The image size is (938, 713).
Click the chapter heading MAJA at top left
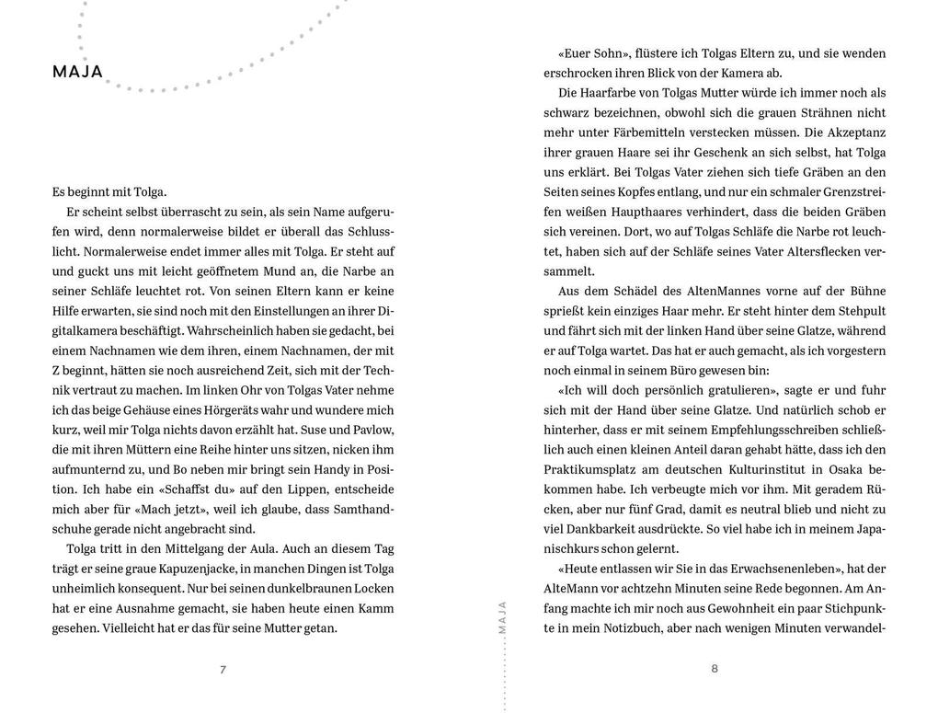(x=77, y=72)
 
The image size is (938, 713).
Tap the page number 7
(x=223, y=669)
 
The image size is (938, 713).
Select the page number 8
(x=715, y=668)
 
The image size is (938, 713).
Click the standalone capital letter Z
(x=57, y=370)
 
